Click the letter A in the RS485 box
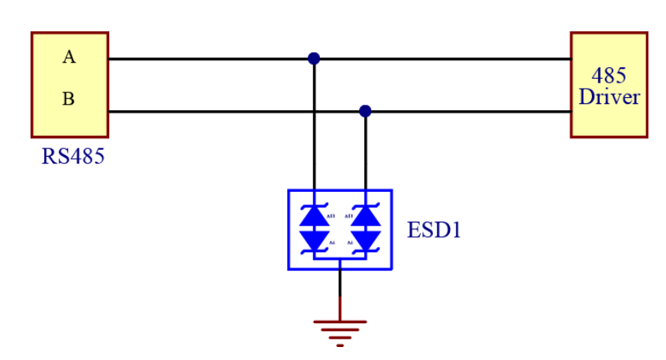coord(70,57)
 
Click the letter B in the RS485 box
coord(69,99)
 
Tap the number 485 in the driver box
coord(609,76)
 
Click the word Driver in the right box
coord(609,97)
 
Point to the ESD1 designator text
coord(435,230)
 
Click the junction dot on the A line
coord(314,58)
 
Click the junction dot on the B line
coord(365,112)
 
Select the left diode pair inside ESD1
coord(314,229)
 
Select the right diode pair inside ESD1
coord(365,229)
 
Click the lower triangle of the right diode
coord(365,240)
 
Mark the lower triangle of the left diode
coord(314,240)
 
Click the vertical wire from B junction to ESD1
coord(365,153)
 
